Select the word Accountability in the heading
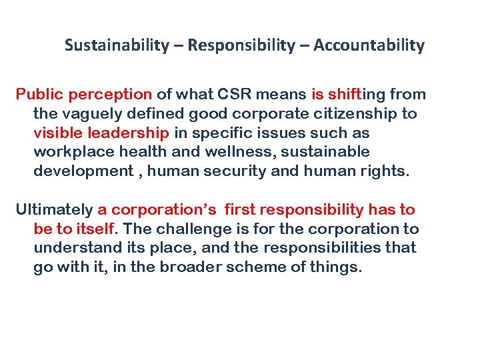[369, 45]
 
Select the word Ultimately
[54, 209]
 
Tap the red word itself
[95, 229]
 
